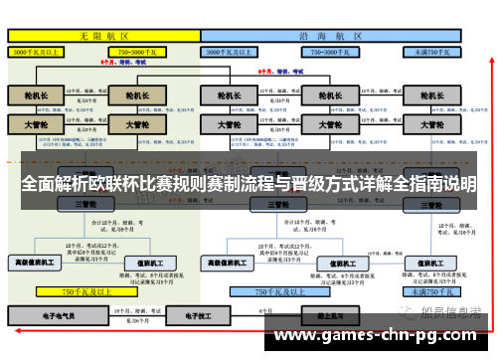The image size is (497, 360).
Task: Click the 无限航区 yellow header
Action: pyautogui.click(x=104, y=35)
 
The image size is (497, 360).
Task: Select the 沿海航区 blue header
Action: pyautogui.click(x=333, y=35)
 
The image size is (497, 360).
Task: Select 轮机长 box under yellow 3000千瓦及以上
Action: pyautogui.click(x=36, y=95)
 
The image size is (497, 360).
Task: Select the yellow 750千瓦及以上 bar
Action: pyautogui.click(x=84, y=292)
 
